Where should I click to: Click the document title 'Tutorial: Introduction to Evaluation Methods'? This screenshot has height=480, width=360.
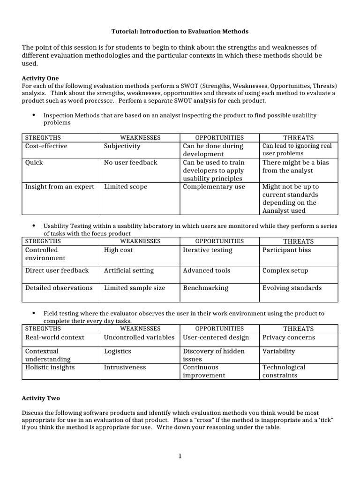(x=180, y=31)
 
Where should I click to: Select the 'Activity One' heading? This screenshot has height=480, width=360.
(x=41, y=78)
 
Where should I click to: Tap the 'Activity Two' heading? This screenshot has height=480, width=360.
(x=41, y=398)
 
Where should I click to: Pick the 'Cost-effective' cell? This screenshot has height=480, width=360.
(x=46, y=146)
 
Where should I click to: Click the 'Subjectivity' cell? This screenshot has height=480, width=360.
(x=122, y=146)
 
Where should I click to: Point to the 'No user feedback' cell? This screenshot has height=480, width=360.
(x=130, y=162)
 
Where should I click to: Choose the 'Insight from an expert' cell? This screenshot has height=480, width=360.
(x=60, y=187)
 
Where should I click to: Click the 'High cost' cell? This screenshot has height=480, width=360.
(x=118, y=250)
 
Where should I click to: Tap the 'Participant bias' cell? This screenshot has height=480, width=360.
(x=286, y=250)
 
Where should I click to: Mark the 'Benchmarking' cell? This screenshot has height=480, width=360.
(x=205, y=288)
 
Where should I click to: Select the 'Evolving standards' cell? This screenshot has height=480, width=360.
(x=292, y=288)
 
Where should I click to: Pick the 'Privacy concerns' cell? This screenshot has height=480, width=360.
(x=288, y=337)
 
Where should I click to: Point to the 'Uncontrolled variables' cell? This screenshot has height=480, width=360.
(x=139, y=337)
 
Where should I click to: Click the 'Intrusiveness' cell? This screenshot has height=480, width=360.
(x=125, y=367)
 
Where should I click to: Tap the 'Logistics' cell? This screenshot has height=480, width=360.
(x=117, y=351)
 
